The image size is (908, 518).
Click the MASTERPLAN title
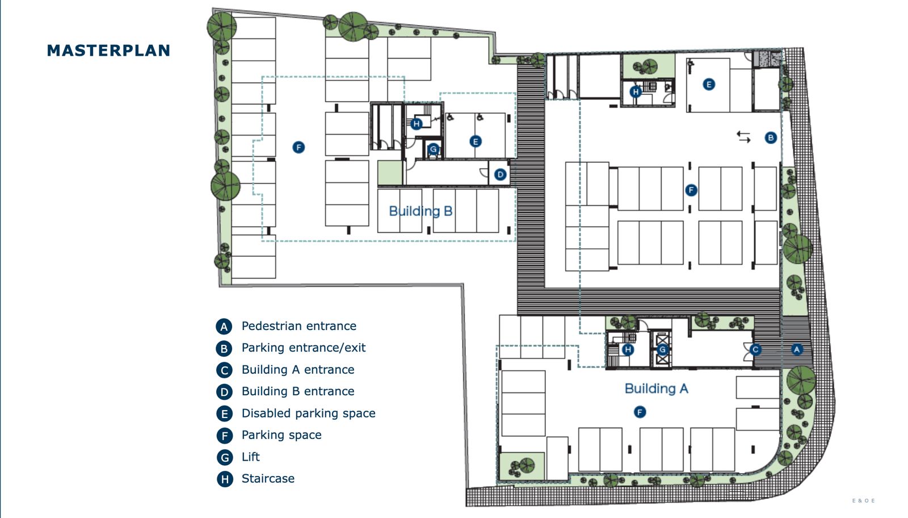click(108, 51)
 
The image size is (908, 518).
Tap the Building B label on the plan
click(421, 211)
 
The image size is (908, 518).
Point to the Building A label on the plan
click(656, 389)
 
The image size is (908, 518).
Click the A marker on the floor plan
click(797, 349)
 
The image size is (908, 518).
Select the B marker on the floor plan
click(771, 138)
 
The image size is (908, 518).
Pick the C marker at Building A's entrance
click(755, 350)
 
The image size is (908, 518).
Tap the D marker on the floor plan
click(500, 175)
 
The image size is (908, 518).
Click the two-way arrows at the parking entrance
click(743, 137)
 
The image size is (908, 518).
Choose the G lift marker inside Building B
click(434, 149)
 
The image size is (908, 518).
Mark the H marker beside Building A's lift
click(628, 349)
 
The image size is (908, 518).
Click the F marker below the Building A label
click(640, 412)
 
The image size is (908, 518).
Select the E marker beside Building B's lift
click(476, 141)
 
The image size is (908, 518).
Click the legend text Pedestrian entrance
click(299, 326)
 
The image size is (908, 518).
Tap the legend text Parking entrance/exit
click(304, 348)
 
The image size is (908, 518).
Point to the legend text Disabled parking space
click(309, 413)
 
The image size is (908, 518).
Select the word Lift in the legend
click(250, 457)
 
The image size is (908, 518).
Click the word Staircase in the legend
click(268, 479)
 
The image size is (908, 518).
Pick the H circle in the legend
click(225, 479)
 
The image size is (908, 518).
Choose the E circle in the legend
click(225, 413)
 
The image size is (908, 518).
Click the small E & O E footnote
click(863, 500)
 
